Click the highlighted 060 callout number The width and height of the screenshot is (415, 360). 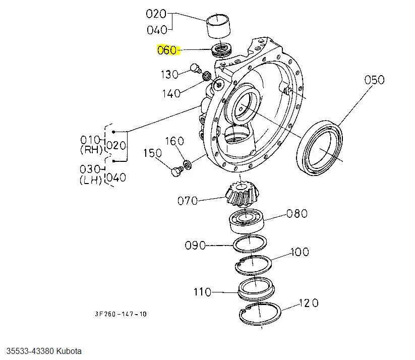pos(167,50)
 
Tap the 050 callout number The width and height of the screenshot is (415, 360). pos(374,80)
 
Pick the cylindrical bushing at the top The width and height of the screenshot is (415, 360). pos(218,26)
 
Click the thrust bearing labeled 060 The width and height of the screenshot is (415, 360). pos(222,50)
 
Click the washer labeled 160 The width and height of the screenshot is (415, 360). pos(188,165)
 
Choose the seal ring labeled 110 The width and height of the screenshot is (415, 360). pos(256,289)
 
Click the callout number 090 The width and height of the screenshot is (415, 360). pos(195,246)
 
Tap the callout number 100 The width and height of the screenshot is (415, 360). pos(300,252)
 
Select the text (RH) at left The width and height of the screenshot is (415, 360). pos(91,150)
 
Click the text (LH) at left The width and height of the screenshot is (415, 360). pos(91,180)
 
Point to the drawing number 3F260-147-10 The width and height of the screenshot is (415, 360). pos(121,314)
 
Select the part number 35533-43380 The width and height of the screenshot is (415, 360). pos(30,351)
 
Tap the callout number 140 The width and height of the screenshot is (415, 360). pos(171,93)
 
